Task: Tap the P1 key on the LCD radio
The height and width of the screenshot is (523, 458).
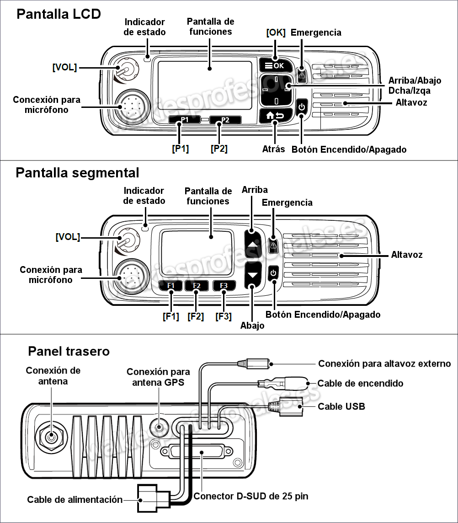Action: coord(184,120)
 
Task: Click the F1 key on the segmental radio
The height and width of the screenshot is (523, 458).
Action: coord(171,286)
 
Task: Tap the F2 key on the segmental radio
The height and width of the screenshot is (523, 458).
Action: coord(197,286)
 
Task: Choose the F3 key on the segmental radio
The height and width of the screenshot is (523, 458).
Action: coord(224,286)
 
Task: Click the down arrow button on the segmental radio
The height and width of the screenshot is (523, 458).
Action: coord(253,275)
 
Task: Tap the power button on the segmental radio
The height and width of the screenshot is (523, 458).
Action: coord(273,273)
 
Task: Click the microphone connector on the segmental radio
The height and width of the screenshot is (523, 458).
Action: coord(130,276)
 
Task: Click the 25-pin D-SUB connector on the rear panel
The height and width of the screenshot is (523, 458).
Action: coord(202,452)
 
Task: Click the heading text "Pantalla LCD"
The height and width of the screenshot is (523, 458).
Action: coord(59,14)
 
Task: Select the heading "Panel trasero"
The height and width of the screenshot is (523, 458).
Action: coord(69,351)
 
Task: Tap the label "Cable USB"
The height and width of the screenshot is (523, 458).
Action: coord(341,406)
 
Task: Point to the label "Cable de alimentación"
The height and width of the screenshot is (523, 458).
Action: coord(75,499)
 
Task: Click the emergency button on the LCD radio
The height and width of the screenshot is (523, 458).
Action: coord(302,74)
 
